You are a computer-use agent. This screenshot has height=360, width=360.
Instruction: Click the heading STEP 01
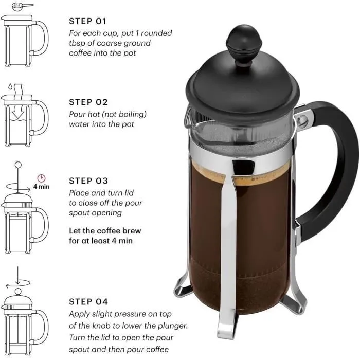[x=88, y=22]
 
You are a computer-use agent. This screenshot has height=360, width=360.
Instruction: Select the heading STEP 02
[x=88, y=102]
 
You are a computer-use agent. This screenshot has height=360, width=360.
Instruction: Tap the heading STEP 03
[x=88, y=181]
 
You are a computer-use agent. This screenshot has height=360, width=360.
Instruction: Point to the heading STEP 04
[x=88, y=301]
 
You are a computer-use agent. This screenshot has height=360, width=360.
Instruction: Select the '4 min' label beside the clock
[x=42, y=187]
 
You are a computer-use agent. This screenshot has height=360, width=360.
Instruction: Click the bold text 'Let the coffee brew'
[x=105, y=231]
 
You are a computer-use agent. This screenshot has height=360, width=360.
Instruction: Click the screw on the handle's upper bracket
[x=303, y=120]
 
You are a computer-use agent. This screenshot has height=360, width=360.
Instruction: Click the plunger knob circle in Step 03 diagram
[x=18, y=165]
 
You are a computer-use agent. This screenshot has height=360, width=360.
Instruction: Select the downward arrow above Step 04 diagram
[x=18, y=274]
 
